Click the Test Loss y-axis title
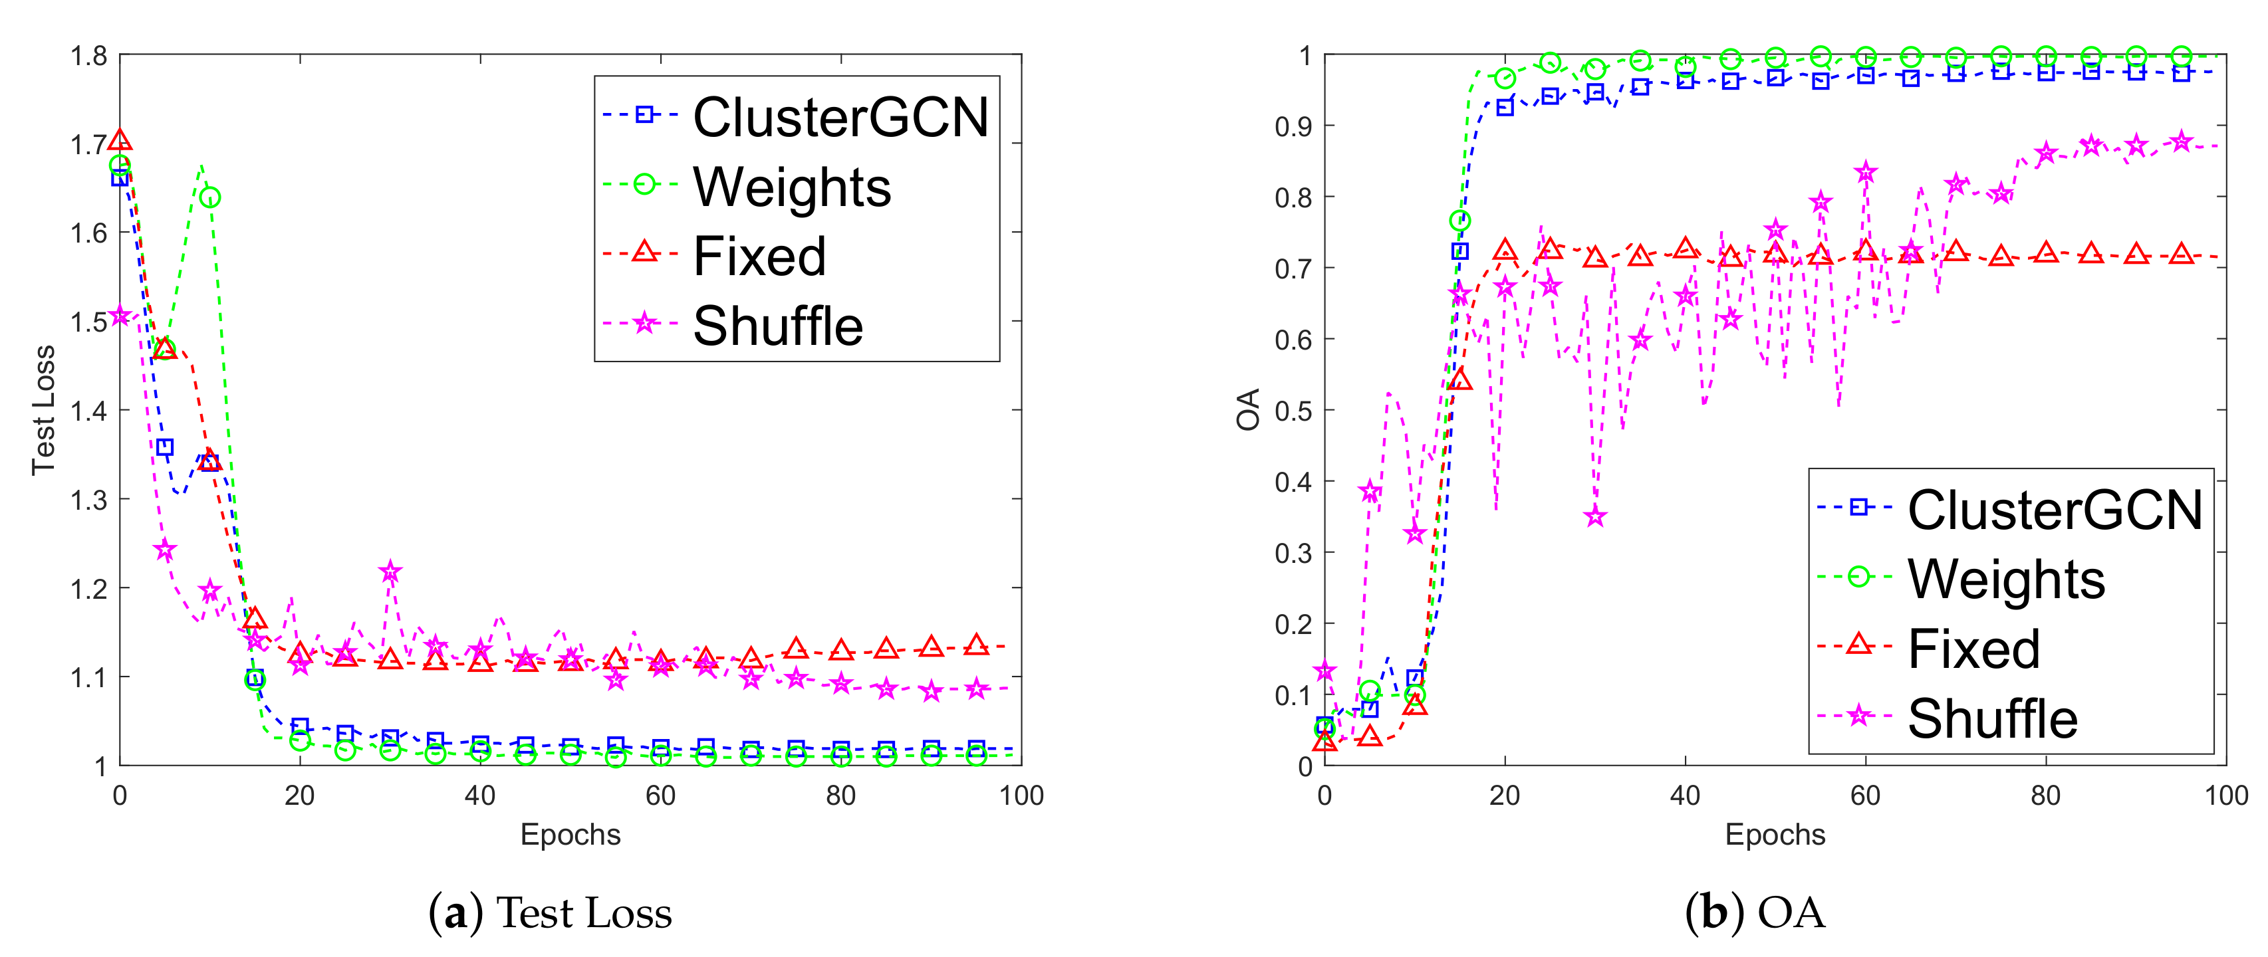coord(43,410)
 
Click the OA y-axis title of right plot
coord(1249,409)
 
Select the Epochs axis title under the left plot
coord(570,835)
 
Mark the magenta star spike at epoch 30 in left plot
coord(390,572)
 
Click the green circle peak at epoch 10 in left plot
coord(209,197)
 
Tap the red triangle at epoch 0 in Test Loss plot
coord(120,140)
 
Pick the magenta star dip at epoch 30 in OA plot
coord(1594,517)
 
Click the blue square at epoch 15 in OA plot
coord(1459,251)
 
